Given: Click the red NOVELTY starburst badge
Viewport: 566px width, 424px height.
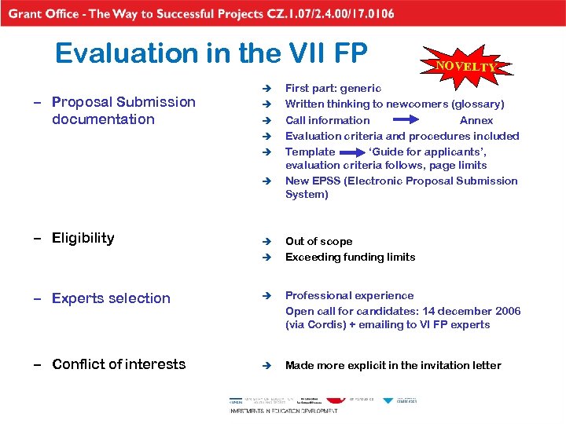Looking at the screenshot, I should click(467, 67).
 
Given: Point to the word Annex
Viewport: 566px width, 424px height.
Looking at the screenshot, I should click(476, 120).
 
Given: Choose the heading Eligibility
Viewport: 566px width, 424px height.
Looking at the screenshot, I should click(83, 238).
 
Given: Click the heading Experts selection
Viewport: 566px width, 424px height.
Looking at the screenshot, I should click(111, 298).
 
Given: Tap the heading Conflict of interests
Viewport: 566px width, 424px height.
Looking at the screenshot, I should click(119, 364).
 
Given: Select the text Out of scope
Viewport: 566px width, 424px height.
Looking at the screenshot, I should click(318, 242).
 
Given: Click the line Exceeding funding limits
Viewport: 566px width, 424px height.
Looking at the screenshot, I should click(350, 257).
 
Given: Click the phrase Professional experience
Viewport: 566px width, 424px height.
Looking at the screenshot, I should click(349, 295).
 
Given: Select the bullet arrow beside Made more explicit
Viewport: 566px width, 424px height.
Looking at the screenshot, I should click(267, 365).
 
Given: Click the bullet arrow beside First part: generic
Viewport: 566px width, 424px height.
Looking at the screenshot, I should click(267, 89).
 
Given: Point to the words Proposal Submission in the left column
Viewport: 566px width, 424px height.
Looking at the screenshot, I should click(123, 102).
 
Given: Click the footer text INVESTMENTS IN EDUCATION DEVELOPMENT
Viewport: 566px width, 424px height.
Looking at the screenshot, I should click(283, 411).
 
